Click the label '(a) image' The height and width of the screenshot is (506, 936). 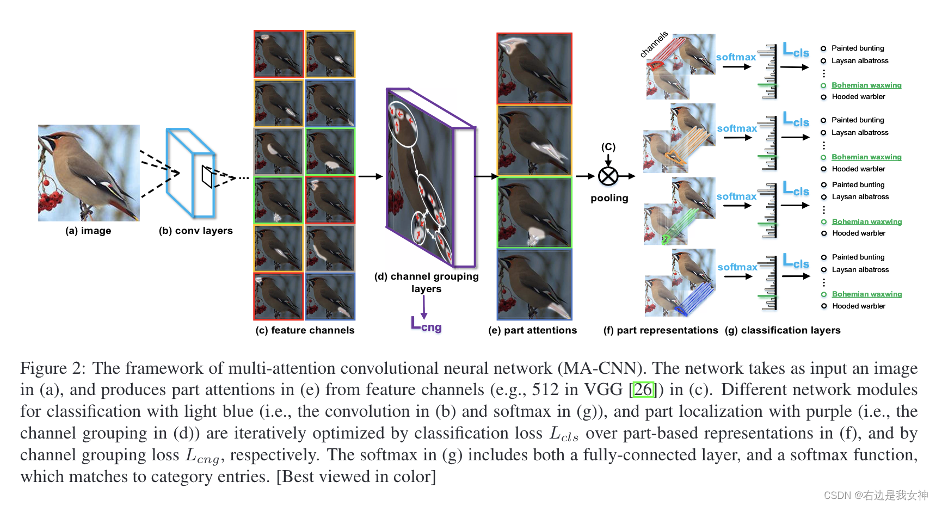click(x=88, y=231)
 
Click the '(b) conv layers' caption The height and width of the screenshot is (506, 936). click(x=195, y=231)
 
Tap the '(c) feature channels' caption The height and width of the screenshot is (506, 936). click(x=305, y=330)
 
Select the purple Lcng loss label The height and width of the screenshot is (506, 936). click(x=426, y=324)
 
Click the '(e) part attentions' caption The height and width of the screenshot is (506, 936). click(x=532, y=330)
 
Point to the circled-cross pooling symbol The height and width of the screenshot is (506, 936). click(x=608, y=176)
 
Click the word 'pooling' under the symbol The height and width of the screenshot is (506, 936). click(x=609, y=198)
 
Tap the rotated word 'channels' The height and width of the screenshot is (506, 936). click(x=654, y=45)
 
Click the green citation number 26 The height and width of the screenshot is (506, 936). click(x=643, y=390)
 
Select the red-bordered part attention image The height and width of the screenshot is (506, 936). click(x=534, y=69)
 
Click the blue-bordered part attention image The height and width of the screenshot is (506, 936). click(x=534, y=284)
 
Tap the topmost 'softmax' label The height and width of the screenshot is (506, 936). click(x=736, y=57)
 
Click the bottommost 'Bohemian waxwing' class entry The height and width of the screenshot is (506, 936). click(x=867, y=294)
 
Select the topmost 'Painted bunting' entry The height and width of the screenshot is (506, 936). click(x=858, y=48)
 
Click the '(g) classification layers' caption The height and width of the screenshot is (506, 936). click(x=783, y=330)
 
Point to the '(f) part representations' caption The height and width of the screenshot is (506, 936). click(x=661, y=330)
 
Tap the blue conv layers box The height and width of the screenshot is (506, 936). click(x=190, y=172)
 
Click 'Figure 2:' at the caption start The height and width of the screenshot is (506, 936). click(x=53, y=368)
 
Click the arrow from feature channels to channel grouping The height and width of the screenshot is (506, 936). click(x=371, y=176)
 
